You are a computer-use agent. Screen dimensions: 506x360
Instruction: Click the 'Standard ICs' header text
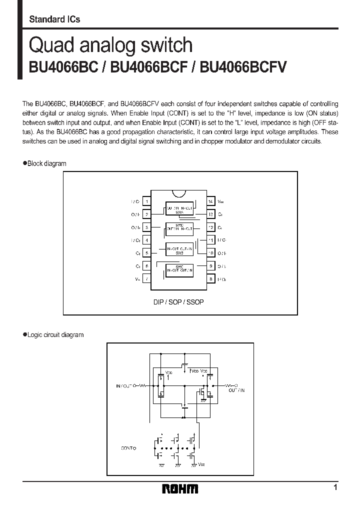(54, 19)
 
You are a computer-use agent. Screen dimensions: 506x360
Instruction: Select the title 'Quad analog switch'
(110, 45)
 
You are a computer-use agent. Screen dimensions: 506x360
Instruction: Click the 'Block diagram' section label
(46, 163)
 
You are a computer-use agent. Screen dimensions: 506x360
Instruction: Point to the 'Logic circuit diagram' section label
(55, 335)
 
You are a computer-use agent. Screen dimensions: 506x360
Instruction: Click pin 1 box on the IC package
(146, 202)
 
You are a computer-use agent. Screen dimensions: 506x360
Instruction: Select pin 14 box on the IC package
(211, 202)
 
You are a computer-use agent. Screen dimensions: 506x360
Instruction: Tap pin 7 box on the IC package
(146, 279)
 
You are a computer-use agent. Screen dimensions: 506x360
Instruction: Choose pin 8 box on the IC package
(211, 279)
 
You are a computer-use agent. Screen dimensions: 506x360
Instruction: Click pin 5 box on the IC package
(146, 253)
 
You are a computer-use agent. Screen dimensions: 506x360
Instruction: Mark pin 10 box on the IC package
(211, 253)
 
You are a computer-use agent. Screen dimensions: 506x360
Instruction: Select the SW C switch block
(179, 270)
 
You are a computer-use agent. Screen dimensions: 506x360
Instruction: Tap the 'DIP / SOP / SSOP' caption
(178, 302)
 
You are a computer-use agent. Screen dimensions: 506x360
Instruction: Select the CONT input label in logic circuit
(128, 448)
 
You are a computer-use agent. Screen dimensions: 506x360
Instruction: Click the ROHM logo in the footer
(180, 488)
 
